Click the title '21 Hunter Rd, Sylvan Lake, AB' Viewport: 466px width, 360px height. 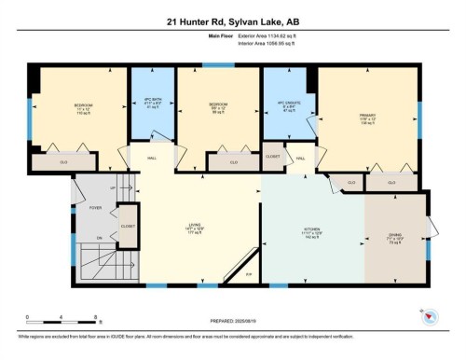pos(232,21)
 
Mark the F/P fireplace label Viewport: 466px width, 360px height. pos(250,275)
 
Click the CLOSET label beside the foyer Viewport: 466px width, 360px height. pos(128,226)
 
